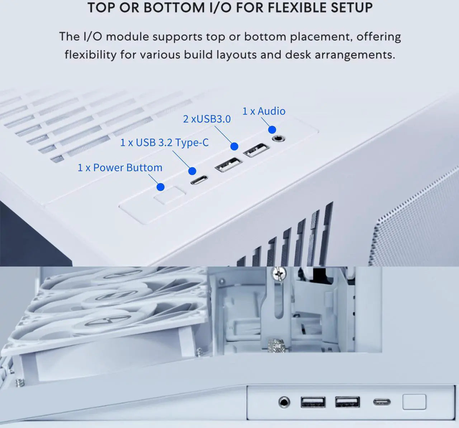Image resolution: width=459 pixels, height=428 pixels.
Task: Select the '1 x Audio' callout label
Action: pyautogui.click(x=264, y=111)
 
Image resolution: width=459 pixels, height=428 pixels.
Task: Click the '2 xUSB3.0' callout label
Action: pyautogui.click(x=207, y=119)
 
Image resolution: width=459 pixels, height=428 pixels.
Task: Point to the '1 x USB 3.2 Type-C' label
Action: pyautogui.click(x=164, y=143)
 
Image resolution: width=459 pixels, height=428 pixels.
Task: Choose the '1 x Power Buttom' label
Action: pyautogui.click(x=120, y=168)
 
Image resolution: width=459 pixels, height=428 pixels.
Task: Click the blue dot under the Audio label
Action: pyautogui.click(x=272, y=130)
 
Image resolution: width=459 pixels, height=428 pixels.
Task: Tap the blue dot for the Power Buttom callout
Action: pyautogui.click(x=161, y=187)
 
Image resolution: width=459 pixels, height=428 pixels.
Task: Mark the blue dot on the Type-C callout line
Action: pyautogui.click(x=192, y=171)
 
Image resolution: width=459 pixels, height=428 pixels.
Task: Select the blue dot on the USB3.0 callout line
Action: pyautogui.click(x=234, y=146)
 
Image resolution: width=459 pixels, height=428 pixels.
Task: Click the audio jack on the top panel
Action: pyautogui.click(x=277, y=138)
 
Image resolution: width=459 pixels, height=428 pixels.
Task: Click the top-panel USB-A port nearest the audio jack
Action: pyautogui.click(x=256, y=150)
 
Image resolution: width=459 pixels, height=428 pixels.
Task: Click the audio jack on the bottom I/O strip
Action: pyautogui.click(x=284, y=402)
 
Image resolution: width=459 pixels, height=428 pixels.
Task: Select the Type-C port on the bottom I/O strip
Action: pyautogui.click(x=382, y=402)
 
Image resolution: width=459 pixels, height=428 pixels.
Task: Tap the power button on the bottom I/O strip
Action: pyautogui.click(x=414, y=402)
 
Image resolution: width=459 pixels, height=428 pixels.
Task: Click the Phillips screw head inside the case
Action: pyautogui.click(x=279, y=275)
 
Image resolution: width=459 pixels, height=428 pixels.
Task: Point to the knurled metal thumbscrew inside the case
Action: pyautogui.click(x=276, y=346)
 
